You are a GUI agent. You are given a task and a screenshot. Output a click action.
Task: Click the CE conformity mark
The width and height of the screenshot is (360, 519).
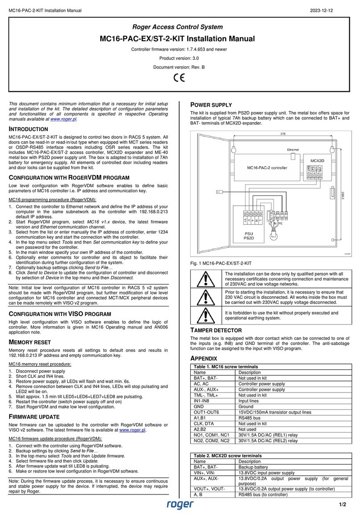179,76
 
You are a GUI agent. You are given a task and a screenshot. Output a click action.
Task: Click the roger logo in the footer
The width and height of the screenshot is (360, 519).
180,504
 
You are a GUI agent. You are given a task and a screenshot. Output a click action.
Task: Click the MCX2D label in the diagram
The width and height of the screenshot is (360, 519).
317,159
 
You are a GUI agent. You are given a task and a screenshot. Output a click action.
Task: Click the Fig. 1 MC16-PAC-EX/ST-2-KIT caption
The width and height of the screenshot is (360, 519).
220,263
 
